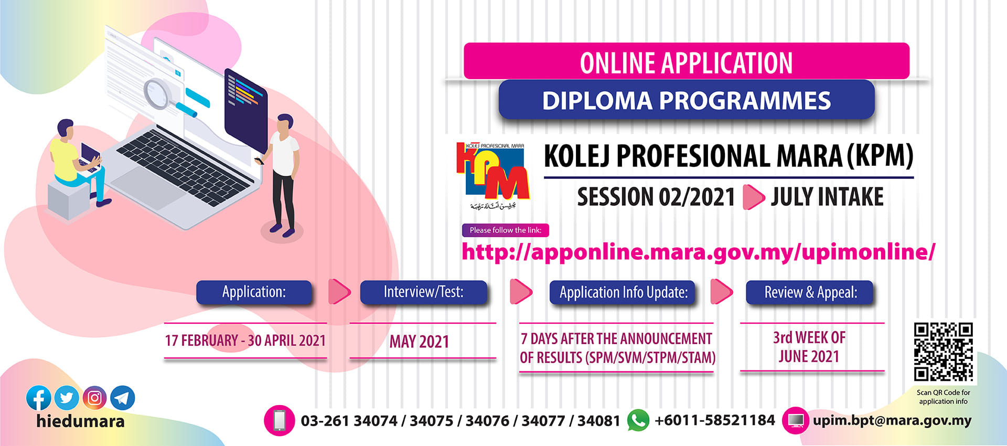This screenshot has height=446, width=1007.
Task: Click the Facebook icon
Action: coord(39,398)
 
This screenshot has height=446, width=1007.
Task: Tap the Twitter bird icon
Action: coord(67,398)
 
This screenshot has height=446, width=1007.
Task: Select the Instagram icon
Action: coord(94,398)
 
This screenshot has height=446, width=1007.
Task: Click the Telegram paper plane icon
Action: coord(122,398)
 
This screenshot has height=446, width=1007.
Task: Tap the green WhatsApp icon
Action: coord(638,420)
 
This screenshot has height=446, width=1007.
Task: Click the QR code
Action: coord(943,352)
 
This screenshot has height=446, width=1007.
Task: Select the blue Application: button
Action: coord(254,292)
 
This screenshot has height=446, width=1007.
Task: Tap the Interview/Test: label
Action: coord(423,292)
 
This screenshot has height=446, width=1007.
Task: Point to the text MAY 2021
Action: coord(419,342)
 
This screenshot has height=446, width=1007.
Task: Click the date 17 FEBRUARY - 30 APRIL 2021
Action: coord(245,341)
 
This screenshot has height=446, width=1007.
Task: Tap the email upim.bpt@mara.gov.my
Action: coord(892,420)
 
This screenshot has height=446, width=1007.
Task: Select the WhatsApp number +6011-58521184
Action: coord(714,420)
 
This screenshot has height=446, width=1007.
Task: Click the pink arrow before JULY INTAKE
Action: coord(753,197)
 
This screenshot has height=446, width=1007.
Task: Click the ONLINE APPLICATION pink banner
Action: coord(686,62)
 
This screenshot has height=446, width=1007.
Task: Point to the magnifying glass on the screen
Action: coord(158,93)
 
